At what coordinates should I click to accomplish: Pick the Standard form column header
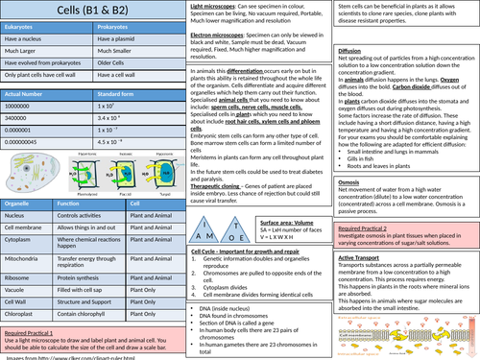[120, 96]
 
